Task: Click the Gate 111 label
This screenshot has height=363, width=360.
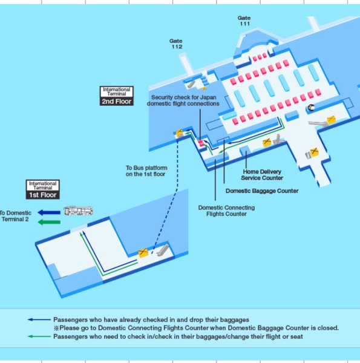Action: pyautogui.click(x=244, y=21)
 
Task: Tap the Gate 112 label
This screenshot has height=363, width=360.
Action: pyautogui.click(x=176, y=44)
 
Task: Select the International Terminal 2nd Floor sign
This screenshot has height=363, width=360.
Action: pyautogui.click(x=117, y=96)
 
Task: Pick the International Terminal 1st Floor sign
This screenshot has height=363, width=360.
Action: pyautogui.click(x=43, y=189)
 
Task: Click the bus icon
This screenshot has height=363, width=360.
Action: pyautogui.click(x=79, y=211)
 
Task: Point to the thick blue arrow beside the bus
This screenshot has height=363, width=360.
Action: pyautogui.click(x=49, y=212)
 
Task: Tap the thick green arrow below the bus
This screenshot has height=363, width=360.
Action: pyautogui.click(x=49, y=222)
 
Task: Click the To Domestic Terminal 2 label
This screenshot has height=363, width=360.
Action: pyautogui.click(x=15, y=216)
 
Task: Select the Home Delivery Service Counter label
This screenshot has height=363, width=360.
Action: pyautogui.click(x=262, y=175)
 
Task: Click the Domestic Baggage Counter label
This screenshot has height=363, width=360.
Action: pyautogui.click(x=262, y=191)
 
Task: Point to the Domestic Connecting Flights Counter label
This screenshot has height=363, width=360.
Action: pyautogui.click(x=226, y=211)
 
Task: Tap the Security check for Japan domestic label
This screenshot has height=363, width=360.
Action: pyautogui.click(x=183, y=100)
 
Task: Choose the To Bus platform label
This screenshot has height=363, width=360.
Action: pyautogui.click(x=146, y=171)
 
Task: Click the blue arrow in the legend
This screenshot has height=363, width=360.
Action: pyautogui.click(x=39, y=319)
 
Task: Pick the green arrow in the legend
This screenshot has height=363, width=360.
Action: pyautogui.click(x=39, y=336)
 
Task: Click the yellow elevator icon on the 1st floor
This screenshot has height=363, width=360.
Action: pyautogui.click(x=143, y=252)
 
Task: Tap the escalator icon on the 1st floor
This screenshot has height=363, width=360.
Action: pyautogui.click(x=163, y=250)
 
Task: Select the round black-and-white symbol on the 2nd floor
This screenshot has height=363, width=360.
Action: pyautogui.click(x=311, y=108)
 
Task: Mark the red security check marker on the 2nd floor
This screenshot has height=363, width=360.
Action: pyautogui.click(x=201, y=143)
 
